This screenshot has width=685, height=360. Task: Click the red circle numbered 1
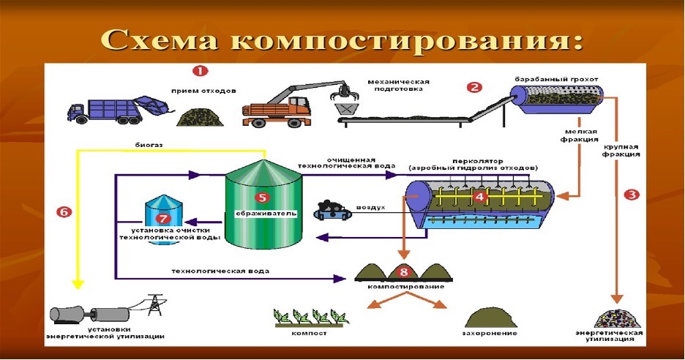[x=199, y=71]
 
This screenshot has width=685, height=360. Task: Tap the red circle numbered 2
[x=473, y=87]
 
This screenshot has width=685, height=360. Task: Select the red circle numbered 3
[x=632, y=195]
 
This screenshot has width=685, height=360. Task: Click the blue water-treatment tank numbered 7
[x=162, y=217]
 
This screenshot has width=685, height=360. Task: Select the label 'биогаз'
[x=149, y=145]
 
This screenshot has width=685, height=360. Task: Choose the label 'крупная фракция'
[x=623, y=150]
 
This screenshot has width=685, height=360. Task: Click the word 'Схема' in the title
[x=158, y=37]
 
